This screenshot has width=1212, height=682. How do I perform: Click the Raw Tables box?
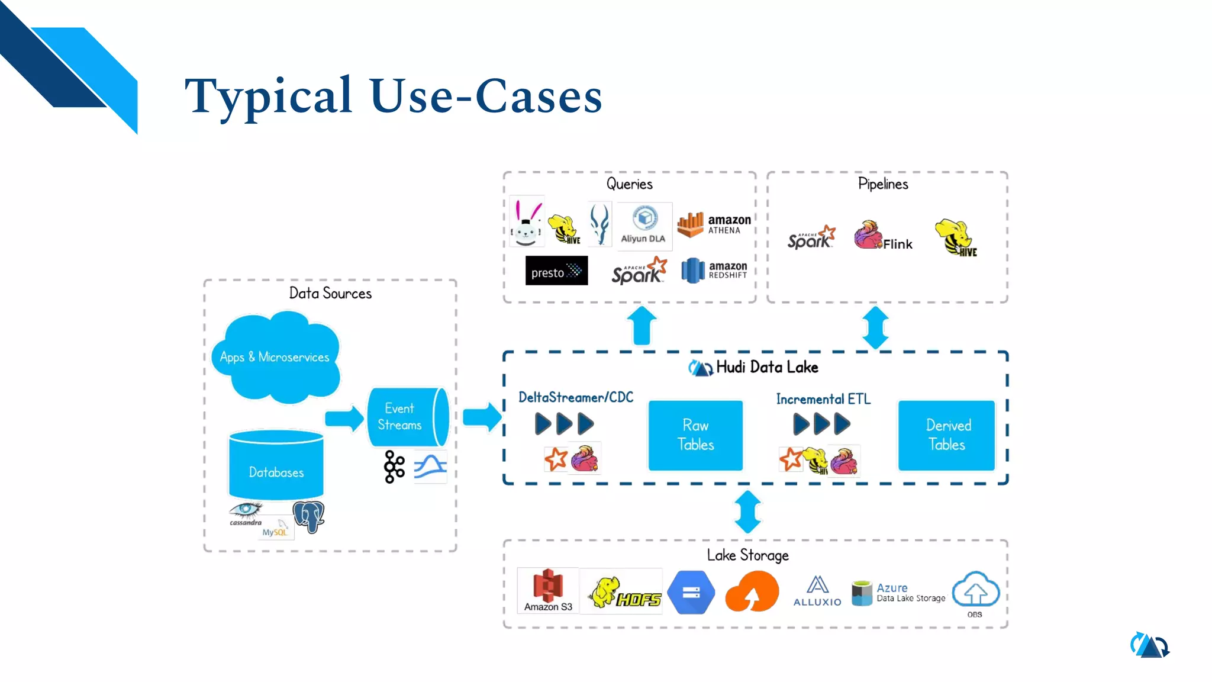(x=695, y=435)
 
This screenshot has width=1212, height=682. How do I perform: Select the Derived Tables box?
(x=946, y=435)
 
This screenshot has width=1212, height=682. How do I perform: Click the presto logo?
(x=556, y=271)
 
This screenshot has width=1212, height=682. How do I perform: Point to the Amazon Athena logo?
(x=714, y=224)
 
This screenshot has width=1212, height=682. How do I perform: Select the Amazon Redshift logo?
(x=714, y=271)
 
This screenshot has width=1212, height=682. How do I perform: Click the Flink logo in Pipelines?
(x=883, y=236)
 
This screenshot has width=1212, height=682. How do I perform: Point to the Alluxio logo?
(x=817, y=591)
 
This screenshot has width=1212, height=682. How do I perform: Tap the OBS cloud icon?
(x=975, y=591)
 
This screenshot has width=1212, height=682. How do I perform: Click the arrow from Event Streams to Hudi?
(x=482, y=417)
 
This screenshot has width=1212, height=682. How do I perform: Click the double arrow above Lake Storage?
(x=748, y=512)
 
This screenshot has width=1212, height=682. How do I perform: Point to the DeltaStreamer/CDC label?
(x=576, y=397)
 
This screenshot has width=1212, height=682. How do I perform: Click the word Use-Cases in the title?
(x=486, y=96)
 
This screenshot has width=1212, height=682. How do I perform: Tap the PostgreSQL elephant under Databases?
(x=308, y=516)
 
